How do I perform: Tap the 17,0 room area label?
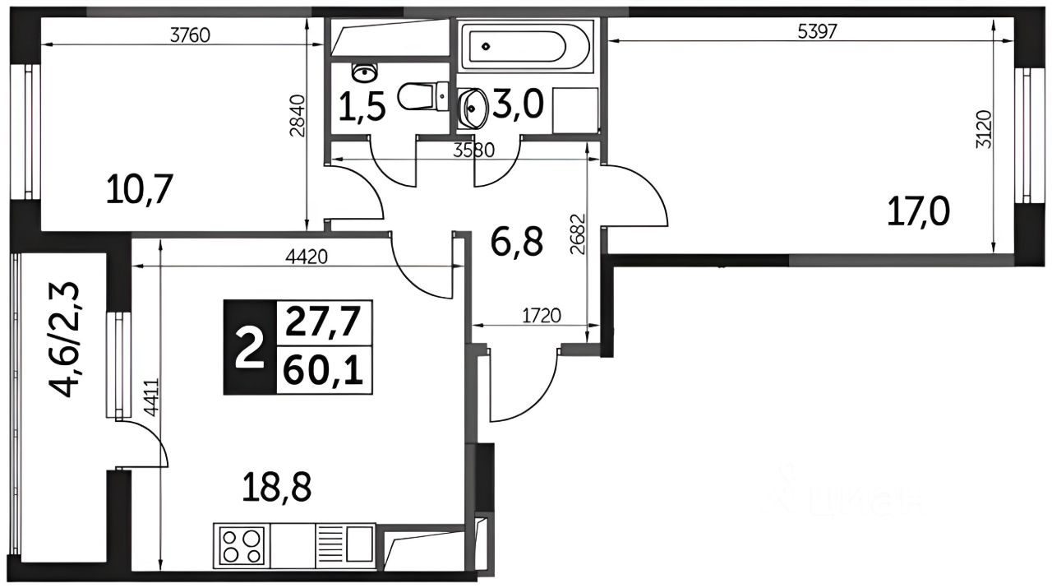click(919, 211)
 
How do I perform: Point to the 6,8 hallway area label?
click(517, 241)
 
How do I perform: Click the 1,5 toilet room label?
click(362, 107)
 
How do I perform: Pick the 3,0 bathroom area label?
click(518, 104)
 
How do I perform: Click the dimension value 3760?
click(190, 35)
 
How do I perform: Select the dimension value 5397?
click(818, 32)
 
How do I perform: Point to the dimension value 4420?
click(307, 257)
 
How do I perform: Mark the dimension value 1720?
click(542, 316)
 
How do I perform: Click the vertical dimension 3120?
click(983, 129)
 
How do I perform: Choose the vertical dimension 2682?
click(578, 234)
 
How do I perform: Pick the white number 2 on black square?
click(249, 349)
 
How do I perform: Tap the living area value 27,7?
click(323, 322)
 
